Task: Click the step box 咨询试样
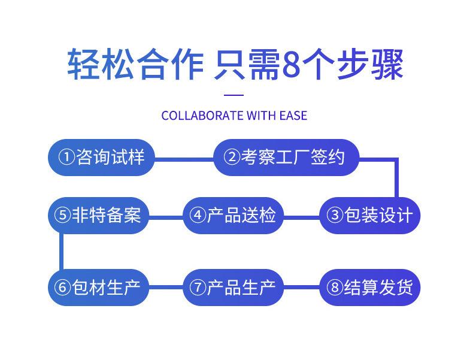coord(101,158)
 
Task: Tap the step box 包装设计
coord(369,215)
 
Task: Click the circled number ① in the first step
coord(66,158)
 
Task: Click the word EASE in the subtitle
coord(293,115)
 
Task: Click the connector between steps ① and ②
coord(184,159)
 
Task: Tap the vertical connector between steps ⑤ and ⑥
coord(61,251)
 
